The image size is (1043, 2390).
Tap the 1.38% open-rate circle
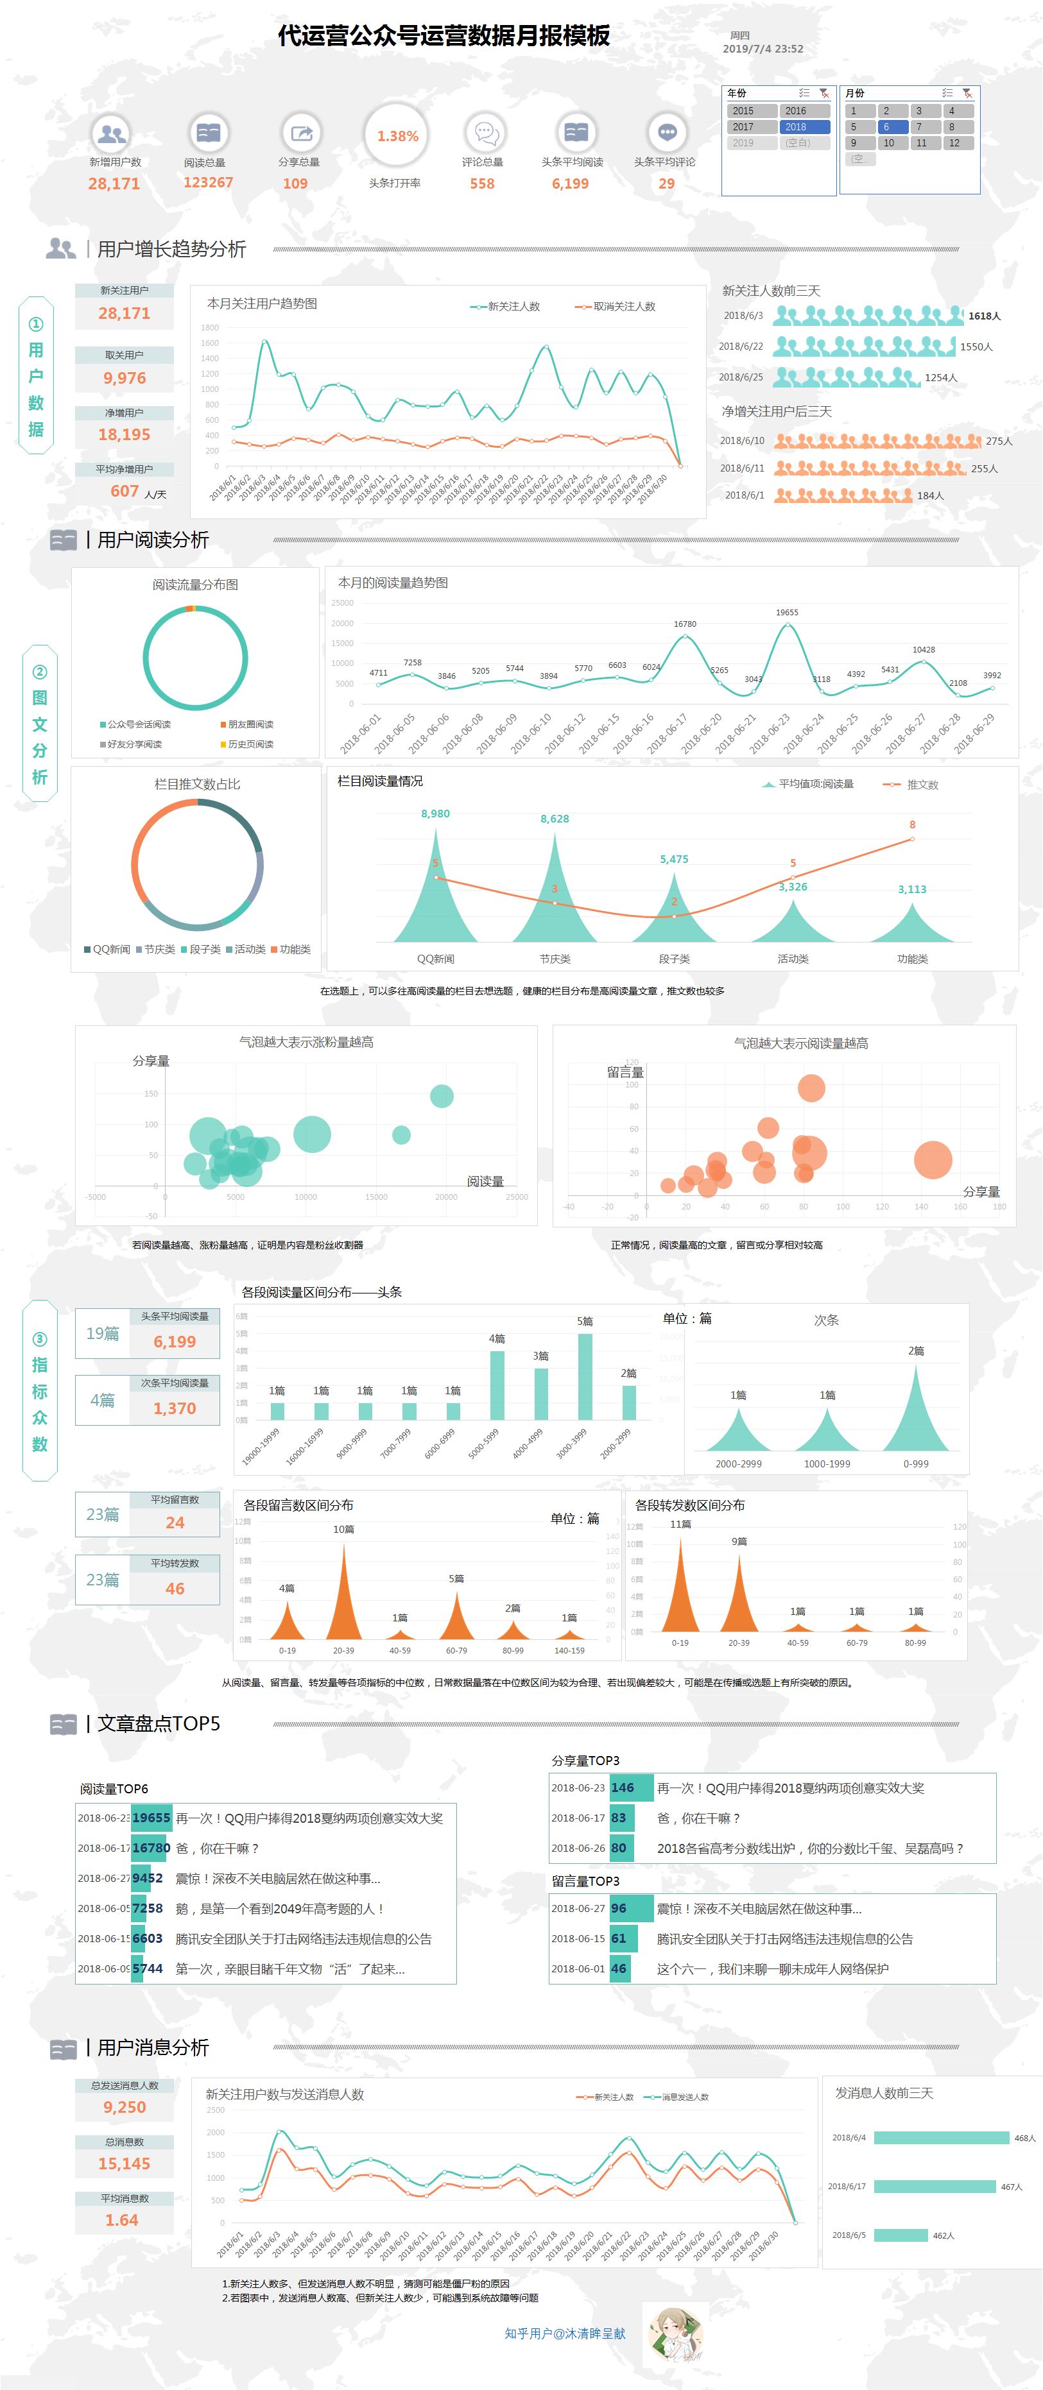coord(397,137)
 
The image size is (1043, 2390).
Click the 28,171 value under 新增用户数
coord(114,184)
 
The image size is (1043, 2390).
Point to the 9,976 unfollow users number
coord(125,379)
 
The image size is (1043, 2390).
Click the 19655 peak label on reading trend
coord(787,612)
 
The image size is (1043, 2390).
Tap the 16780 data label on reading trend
coord(685,624)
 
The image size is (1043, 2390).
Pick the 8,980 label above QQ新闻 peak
coord(435,814)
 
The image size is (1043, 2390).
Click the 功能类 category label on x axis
coord(912,959)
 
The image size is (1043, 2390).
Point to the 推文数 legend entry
coord(922,785)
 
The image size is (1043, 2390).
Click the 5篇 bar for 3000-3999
coord(585,1376)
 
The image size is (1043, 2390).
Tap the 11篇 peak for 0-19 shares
coord(680,1577)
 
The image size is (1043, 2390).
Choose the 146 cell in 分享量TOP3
coord(623,1788)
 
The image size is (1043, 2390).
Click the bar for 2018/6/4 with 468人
coord(941,2138)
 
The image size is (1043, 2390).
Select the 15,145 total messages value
coord(125,2164)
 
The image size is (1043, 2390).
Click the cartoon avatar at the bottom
coord(674,2334)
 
